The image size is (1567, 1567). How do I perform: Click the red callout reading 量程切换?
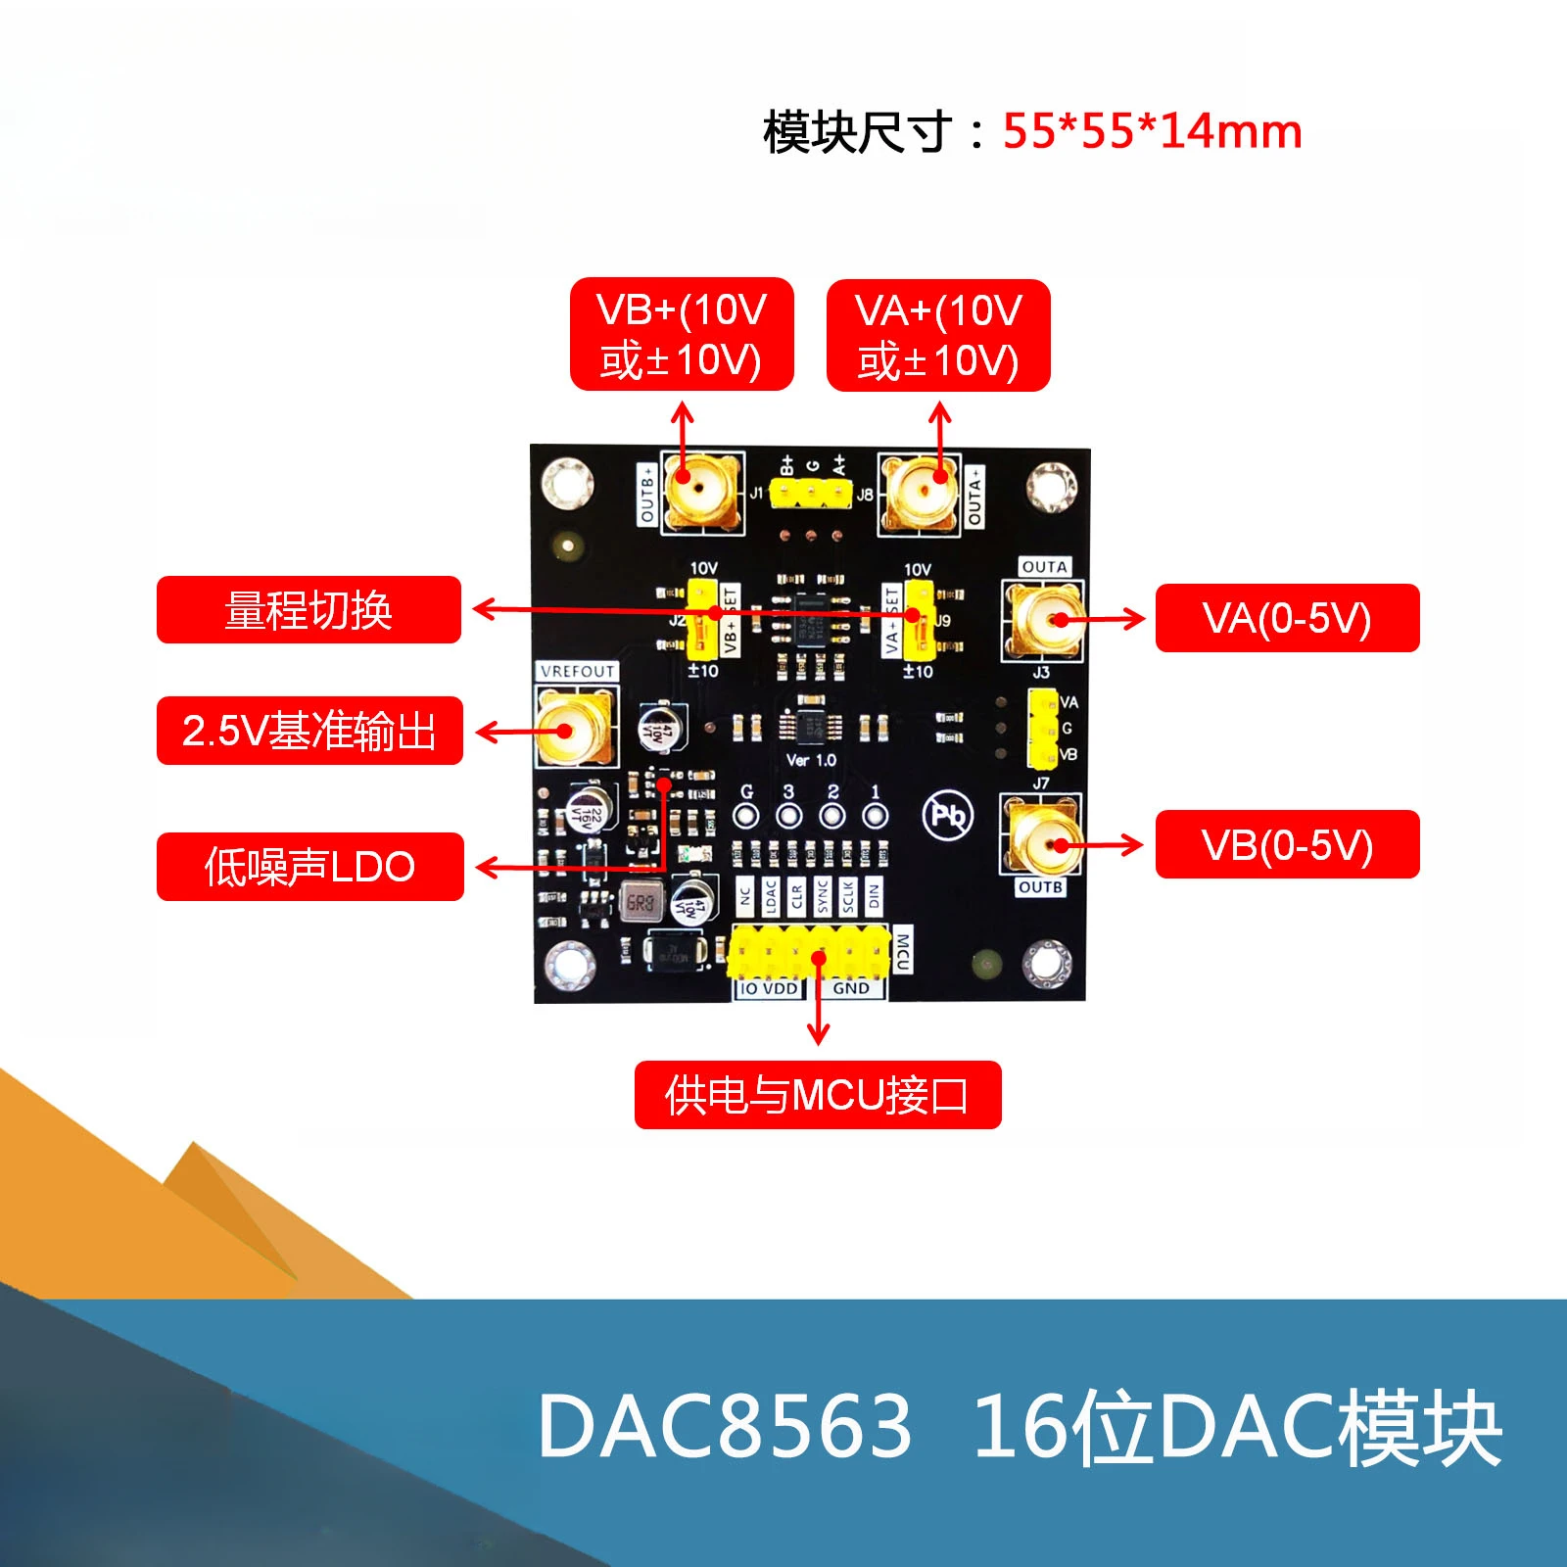309,610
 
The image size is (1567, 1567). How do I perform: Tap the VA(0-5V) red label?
1287,618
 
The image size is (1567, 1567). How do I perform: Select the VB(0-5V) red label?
1287,844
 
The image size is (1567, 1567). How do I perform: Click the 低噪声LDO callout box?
309,867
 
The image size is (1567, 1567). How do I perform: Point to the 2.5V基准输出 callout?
309,731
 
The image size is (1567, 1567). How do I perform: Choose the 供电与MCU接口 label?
818,1095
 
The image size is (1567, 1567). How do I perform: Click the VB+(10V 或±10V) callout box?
682,335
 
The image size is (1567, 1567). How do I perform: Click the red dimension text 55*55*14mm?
1152,131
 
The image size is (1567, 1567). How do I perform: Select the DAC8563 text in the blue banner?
725,1426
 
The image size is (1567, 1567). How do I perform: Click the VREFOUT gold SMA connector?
576,727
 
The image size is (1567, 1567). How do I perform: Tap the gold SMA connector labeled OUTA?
1041,620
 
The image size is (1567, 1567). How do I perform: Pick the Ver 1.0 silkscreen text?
811,760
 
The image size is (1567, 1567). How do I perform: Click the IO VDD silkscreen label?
769,988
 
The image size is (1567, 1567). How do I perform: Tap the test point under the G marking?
746,816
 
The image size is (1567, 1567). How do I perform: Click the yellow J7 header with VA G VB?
1042,729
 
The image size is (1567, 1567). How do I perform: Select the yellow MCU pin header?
808,951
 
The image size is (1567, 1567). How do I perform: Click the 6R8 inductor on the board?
641,902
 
